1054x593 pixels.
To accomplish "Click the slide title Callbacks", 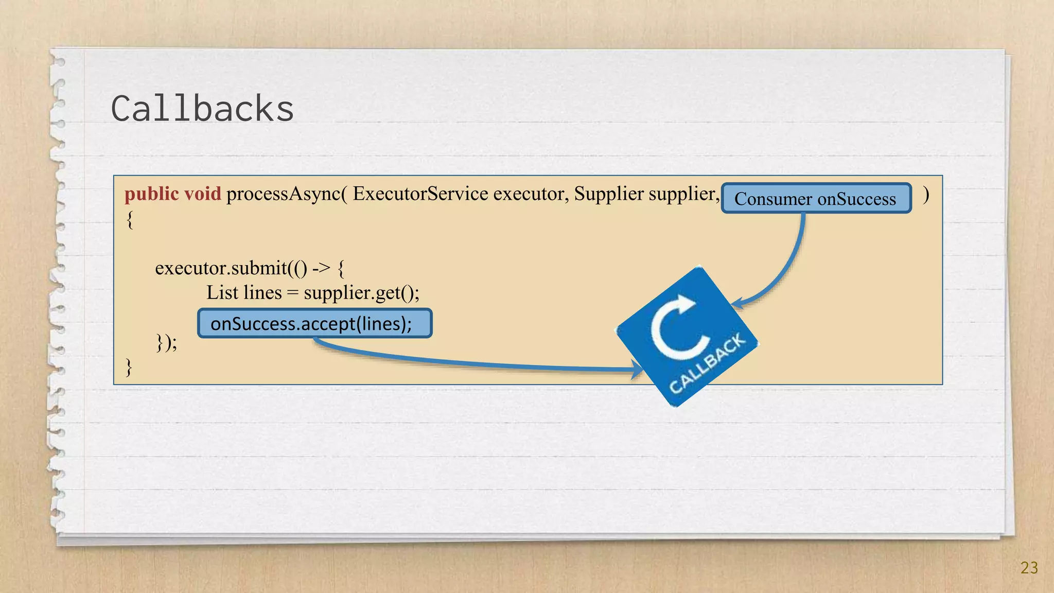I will (x=202, y=109).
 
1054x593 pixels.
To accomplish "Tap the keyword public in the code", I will (x=151, y=194).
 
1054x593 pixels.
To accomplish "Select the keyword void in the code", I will (x=202, y=194).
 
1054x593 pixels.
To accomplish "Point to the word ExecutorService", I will (x=420, y=194).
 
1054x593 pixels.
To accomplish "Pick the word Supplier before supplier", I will (x=608, y=194).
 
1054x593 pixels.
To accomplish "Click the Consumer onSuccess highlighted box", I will (x=816, y=199).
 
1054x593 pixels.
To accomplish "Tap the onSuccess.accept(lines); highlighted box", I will (x=314, y=324).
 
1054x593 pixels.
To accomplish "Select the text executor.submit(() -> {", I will (x=250, y=268).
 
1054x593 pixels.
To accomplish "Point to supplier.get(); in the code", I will (x=361, y=293).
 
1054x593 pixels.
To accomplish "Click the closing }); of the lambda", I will (x=167, y=342).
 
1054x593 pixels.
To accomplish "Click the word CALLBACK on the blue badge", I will (x=707, y=362).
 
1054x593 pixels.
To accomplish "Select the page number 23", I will (x=1029, y=568).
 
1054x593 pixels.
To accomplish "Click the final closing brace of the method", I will (x=129, y=368).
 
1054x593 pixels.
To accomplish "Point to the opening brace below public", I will (x=130, y=220).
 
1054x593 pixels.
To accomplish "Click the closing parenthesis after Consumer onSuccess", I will (x=926, y=195).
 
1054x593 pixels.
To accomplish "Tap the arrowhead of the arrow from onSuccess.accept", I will (x=638, y=369).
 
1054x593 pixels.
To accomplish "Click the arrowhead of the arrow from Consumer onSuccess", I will (x=737, y=303).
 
